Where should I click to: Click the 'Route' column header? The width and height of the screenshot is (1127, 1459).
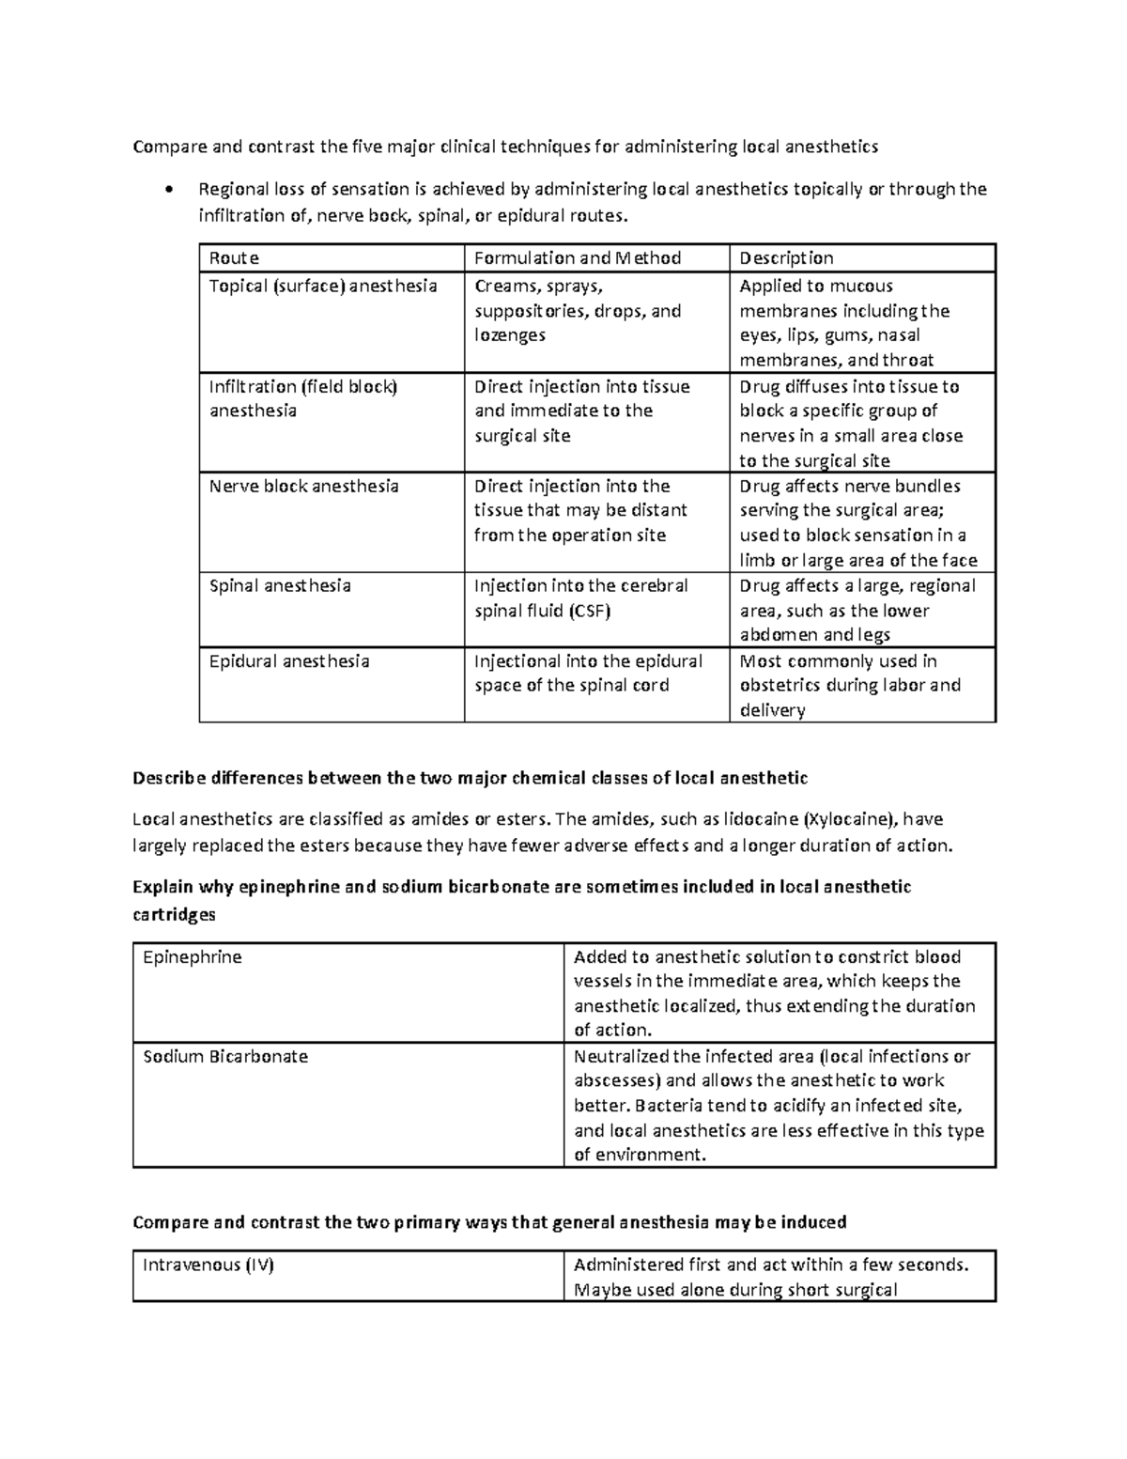pos(234,258)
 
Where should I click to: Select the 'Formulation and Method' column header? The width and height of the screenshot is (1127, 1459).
pos(578,258)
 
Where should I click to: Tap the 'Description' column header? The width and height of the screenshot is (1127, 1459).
pos(786,258)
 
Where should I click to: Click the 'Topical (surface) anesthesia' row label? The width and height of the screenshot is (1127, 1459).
pos(323,287)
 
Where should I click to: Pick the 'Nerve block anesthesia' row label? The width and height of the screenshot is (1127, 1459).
pos(303,487)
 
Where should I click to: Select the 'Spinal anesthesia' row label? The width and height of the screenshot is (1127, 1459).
pos(280,586)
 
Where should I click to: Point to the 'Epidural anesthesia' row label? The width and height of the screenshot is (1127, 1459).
pos(289,661)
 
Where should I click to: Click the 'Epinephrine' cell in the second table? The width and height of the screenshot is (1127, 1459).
pos(193,957)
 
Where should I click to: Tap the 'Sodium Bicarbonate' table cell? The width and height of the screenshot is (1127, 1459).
pos(225,1057)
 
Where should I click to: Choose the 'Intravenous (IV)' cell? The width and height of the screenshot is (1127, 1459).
pos(208,1265)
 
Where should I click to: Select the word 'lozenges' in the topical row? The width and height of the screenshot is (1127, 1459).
pos(509,336)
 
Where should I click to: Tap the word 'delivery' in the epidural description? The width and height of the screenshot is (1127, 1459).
pos(772,711)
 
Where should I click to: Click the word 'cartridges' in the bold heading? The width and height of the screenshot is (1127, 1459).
pos(174,915)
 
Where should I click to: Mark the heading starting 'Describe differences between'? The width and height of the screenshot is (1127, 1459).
pos(470,778)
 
